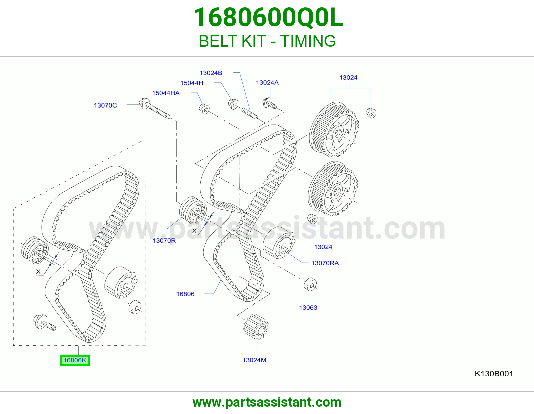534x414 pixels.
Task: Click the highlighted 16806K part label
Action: click(x=75, y=360)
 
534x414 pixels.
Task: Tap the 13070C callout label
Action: click(x=105, y=105)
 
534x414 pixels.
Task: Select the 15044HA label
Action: click(x=166, y=93)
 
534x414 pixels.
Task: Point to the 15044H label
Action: click(x=192, y=83)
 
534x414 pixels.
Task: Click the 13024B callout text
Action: click(x=211, y=73)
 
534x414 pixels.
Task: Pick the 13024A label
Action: click(x=267, y=82)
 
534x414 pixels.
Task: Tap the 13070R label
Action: click(x=164, y=240)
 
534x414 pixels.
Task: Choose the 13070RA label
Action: click(x=325, y=263)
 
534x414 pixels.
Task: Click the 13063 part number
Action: click(x=308, y=307)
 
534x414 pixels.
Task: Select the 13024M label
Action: click(x=254, y=360)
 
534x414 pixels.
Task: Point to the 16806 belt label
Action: click(x=185, y=294)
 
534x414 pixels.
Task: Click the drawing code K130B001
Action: click(x=494, y=374)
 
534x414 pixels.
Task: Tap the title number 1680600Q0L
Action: click(x=268, y=18)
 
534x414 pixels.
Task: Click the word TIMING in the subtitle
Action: click(x=308, y=41)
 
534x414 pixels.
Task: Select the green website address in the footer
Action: click(x=267, y=402)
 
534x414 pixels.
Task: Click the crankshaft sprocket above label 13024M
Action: click(x=256, y=327)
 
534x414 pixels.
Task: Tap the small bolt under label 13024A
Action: click(x=270, y=103)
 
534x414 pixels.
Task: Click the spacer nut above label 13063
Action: click(x=310, y=284)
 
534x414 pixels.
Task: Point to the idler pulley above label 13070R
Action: click(x=193, y=210)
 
